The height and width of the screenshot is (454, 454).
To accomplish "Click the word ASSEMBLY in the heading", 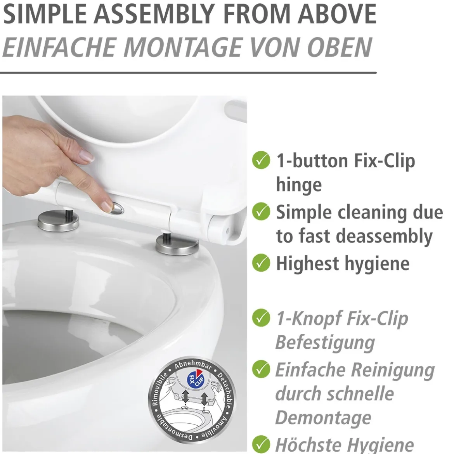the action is (x=154, y=14).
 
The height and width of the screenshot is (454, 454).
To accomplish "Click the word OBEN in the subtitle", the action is (x=340, y=47).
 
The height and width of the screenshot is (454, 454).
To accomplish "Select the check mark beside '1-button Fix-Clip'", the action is (x=261, y=160).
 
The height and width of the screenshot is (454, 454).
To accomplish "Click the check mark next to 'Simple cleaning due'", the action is (x=261, y=211).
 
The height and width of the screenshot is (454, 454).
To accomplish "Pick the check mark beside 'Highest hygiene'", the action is (x=261, y=263).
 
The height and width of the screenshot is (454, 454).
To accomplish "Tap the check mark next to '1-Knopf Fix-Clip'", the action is (x=261, y=318).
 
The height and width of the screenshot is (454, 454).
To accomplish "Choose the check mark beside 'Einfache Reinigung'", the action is (x=261, y=369).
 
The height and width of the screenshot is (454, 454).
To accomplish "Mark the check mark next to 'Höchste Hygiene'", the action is (x=261, y=444).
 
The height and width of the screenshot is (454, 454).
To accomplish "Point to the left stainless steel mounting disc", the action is (x=58, y=221).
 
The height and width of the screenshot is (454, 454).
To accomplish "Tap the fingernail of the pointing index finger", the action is (x=107, y=206).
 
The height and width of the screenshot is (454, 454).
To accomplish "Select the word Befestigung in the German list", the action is (x=325, y=343).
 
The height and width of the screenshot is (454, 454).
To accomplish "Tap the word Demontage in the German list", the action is (x=323, y=418).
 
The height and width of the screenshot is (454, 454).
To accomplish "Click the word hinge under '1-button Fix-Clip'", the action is (x=299, y=185).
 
